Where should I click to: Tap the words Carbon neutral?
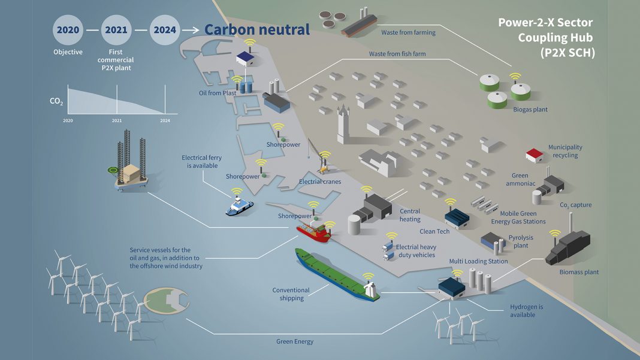click(257, 29)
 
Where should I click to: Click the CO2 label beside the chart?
click(56, 102)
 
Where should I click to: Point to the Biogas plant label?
click(530, 110)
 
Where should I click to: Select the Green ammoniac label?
click(520, 180)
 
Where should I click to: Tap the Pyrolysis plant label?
click(521, 241)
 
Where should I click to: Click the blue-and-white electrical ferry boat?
click(239, 205)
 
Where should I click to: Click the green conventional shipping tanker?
click(335, 275)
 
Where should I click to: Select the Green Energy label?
click(295, 341)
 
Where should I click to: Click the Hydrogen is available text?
click(526, 310)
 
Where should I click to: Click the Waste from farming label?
click(408, 32)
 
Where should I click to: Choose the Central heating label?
click(410, 215)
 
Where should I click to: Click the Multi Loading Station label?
click(478, 261)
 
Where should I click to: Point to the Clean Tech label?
click(434, 231)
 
